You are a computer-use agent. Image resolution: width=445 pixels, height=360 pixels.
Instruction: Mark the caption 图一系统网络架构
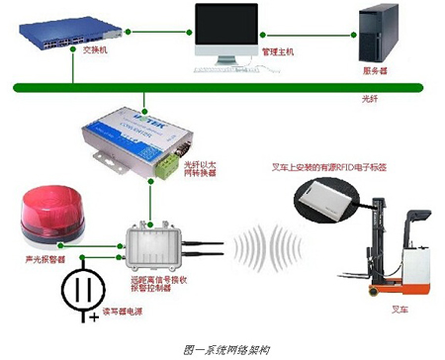pyautogui.click(x=223, y=349)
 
